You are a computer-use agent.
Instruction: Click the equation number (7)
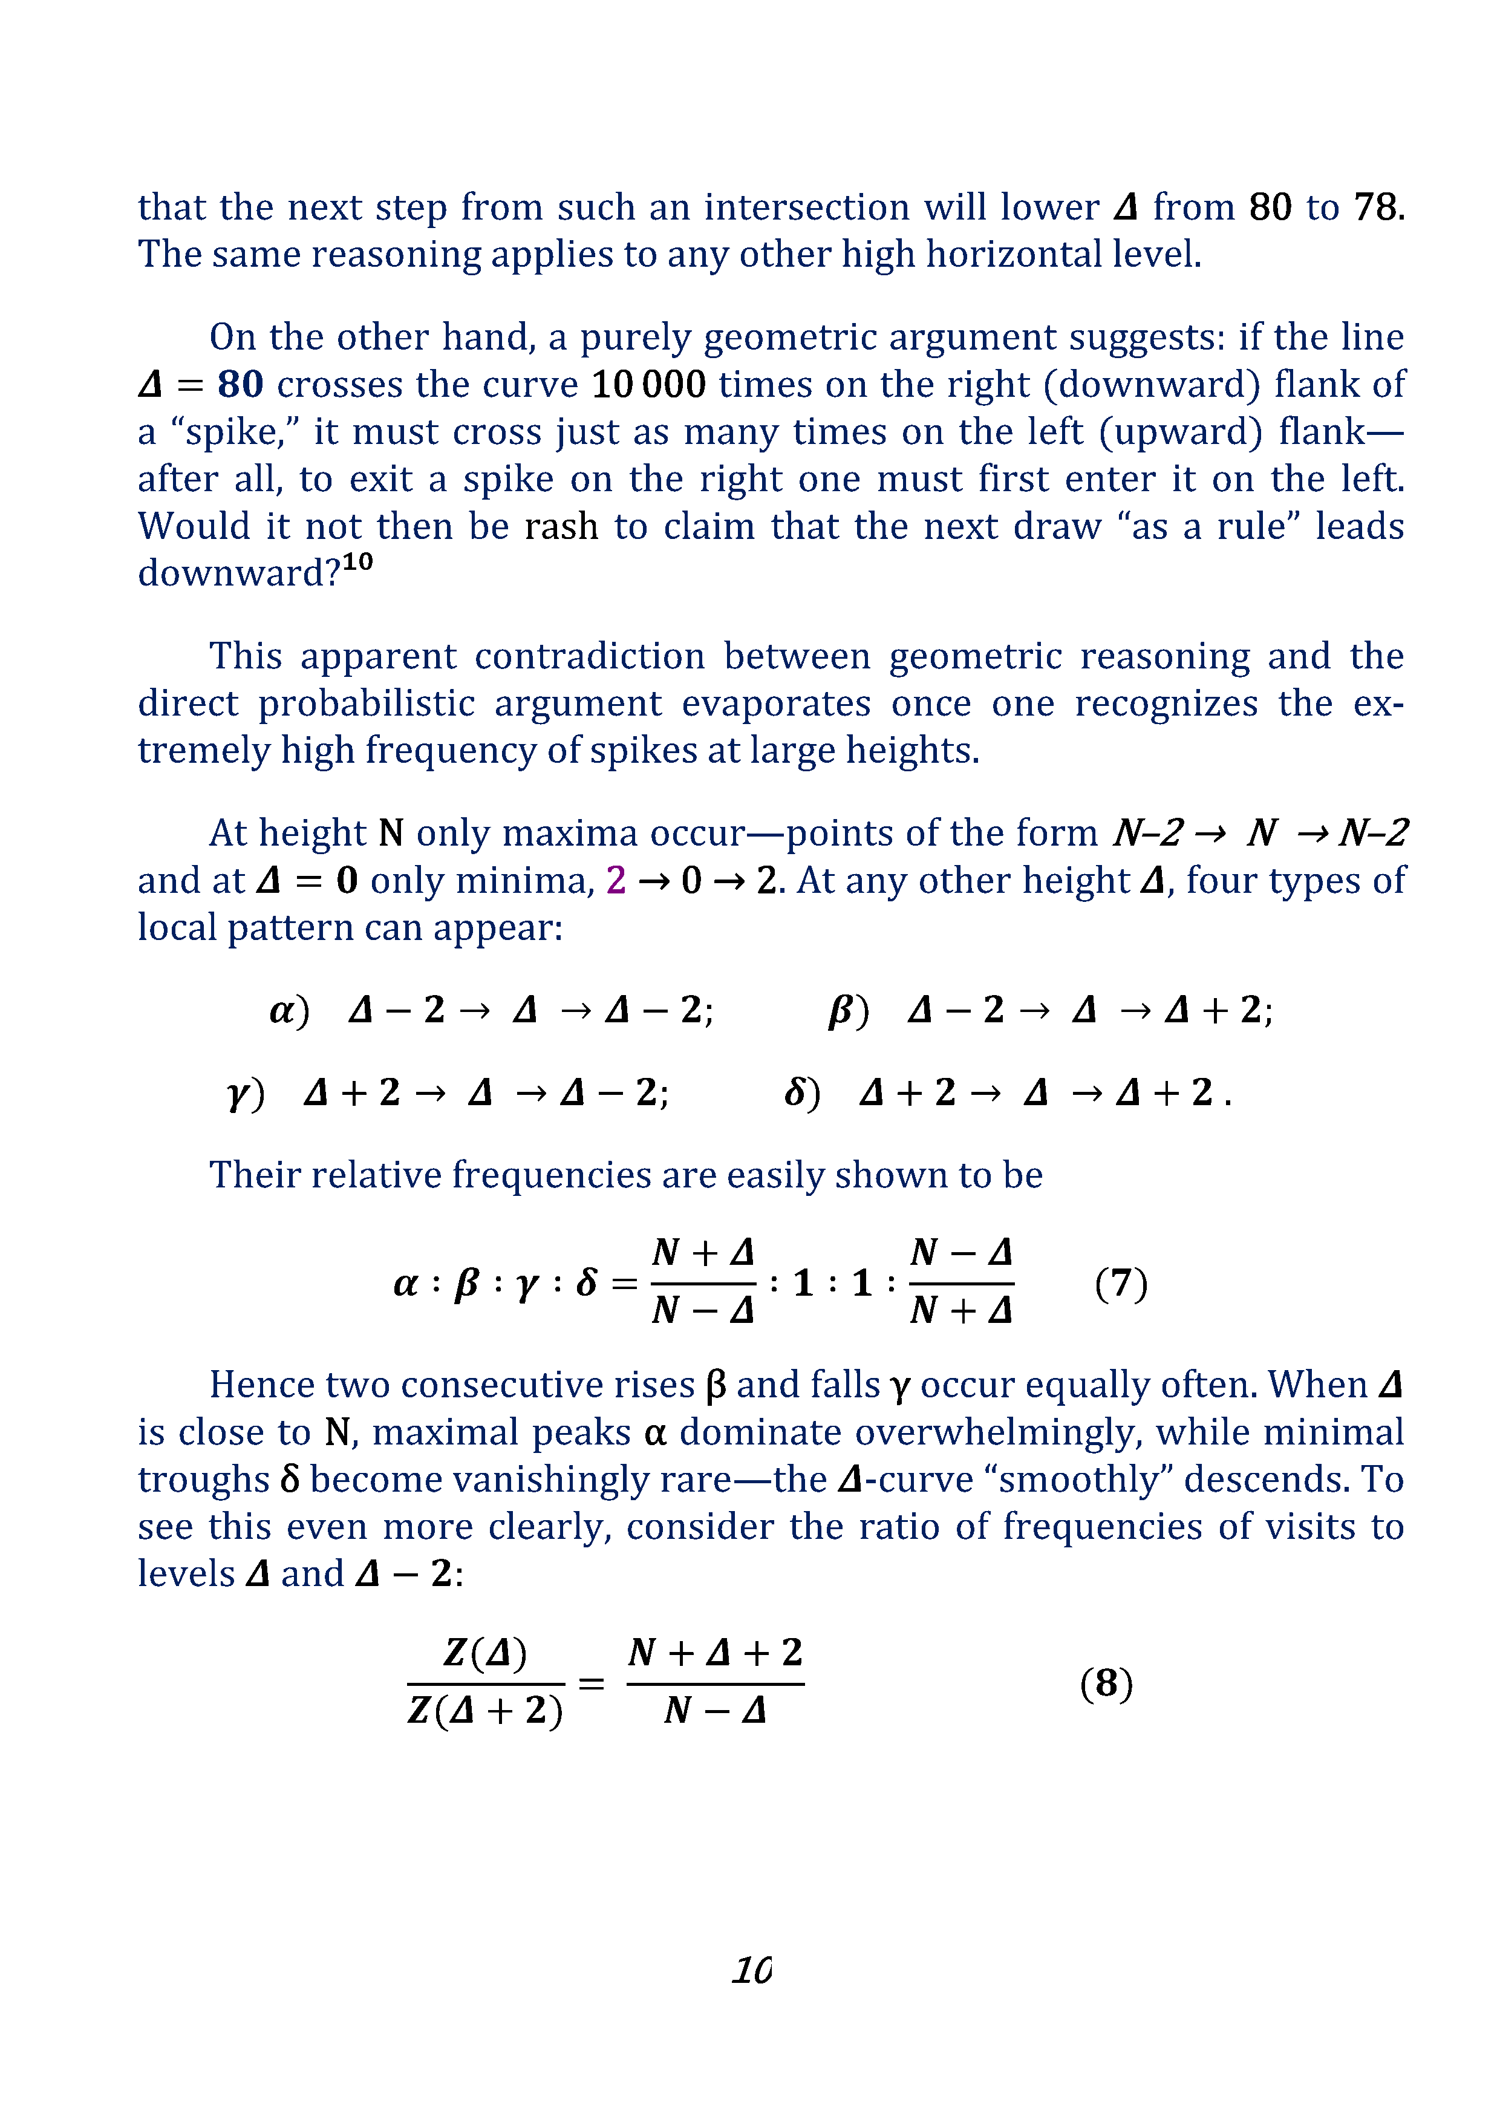coord(1120,1284)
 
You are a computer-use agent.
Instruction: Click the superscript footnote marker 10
coord(357,562)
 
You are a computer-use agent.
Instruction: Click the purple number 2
coord(616,881)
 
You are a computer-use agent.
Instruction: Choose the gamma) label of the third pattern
coord(245,1093)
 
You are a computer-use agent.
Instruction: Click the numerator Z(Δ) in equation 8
coord(485,1653)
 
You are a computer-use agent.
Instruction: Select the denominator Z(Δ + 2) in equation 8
coord(485,1711)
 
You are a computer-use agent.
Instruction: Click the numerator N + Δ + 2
coord(714,1653)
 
